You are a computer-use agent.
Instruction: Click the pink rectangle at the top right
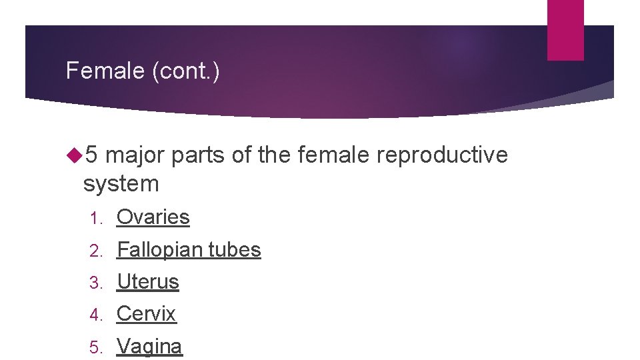click(x=565, y=29)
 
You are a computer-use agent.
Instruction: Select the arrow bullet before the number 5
click(x=73, y=155)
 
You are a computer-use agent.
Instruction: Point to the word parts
click(x=198, y=155)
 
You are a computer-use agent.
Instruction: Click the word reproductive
click(x=442, y=155)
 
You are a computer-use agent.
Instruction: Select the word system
click(x=121, y=183)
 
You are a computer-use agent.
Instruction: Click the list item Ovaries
click(x=153, y=217)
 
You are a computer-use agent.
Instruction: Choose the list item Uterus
click(x=148, y=282)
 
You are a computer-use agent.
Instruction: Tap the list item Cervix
click(x=146, y=314)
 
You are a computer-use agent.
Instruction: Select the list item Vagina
click(x=149, y=347)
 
